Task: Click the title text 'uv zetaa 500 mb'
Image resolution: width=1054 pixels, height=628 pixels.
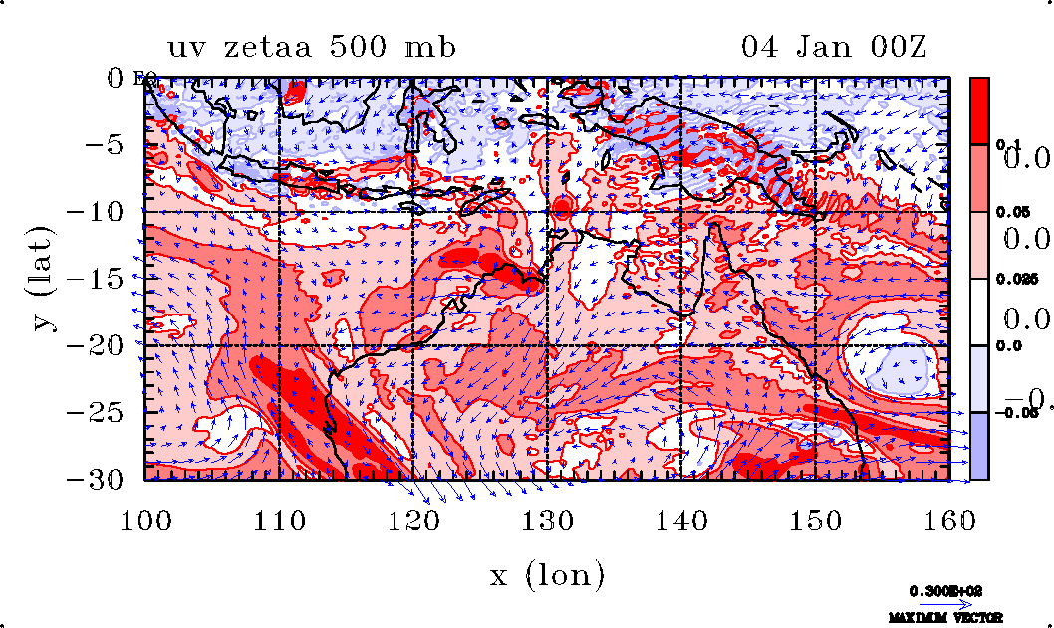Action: [312, 47]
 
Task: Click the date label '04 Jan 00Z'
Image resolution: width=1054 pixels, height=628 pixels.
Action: [835, 47]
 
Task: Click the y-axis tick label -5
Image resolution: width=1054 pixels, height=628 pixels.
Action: [110, 145]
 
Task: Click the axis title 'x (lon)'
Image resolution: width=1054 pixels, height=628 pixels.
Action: [547, 575]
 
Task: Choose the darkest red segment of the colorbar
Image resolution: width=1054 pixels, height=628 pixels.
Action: [980, 109]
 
